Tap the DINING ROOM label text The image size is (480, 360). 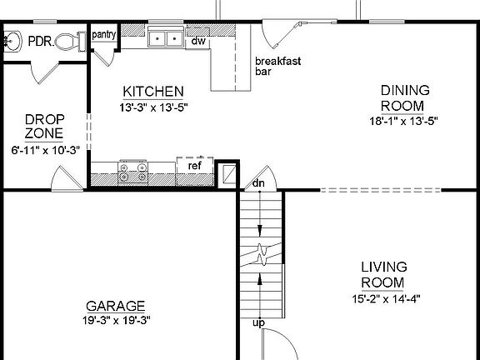tap(402, 97)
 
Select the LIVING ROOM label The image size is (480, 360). tap(383, 274)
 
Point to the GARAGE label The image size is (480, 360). tap(115, 305)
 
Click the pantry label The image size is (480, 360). tap(103, 34)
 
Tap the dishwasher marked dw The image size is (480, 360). tap(198, 40)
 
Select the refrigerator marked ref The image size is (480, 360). tap(194, 165)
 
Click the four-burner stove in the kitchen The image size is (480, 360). tap(132, 172)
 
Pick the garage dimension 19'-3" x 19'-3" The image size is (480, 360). tap(115, 319)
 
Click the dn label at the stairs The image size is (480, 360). tap(258, 182)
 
